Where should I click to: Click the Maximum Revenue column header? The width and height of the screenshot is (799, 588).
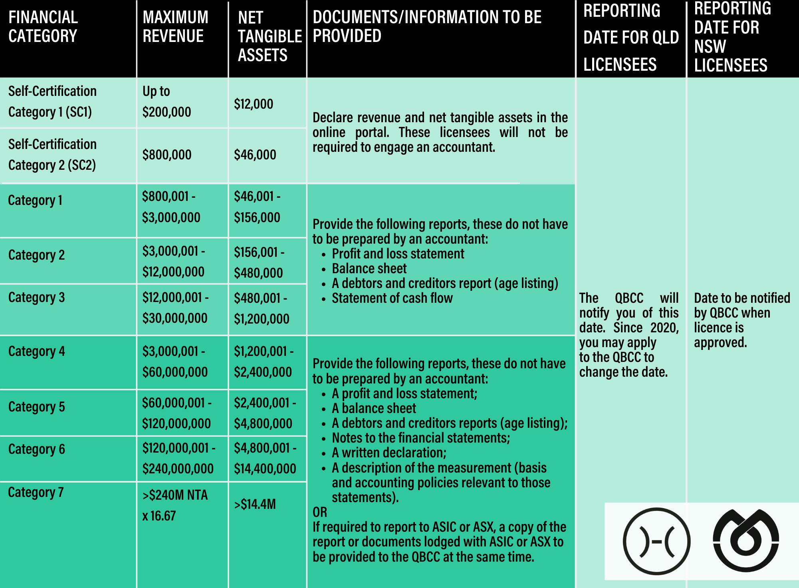[x=175, y=27]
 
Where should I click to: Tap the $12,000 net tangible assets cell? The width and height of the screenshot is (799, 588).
[x=254, y=104]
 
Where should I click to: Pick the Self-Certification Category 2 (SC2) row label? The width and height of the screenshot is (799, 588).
[x=52, y=155]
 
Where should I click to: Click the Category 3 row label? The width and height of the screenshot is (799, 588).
[x=36, y=298]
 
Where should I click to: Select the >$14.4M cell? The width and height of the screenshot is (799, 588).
[x=255, y=505]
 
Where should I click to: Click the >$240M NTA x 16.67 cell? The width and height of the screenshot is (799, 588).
[x=175, y=505]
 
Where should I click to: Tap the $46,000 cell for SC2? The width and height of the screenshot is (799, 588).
[x=255, y=155]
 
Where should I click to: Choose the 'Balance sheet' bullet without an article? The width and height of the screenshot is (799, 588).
[x=369, y=268]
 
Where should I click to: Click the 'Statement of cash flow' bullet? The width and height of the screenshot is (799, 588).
[x=392, y=298]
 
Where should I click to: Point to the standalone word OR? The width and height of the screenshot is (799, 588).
[x=320, y=512]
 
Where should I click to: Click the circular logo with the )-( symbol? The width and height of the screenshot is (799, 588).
[x=656, y=541]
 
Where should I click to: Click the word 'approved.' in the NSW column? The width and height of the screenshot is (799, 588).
[x=720, y=342]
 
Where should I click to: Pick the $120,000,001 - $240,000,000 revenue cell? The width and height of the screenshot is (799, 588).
[x=178, y=458]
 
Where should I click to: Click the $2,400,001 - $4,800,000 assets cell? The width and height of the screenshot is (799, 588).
[x=264, y=413]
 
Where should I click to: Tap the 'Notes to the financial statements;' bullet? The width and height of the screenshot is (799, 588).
[x=421, y=438]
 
